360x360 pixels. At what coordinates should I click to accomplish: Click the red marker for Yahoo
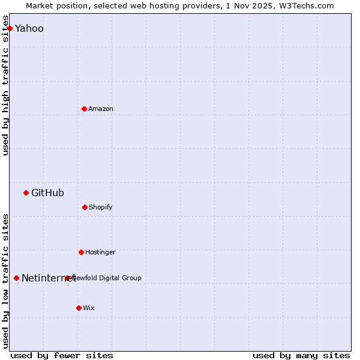tap(10, 28)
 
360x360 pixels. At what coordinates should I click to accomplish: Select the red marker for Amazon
tap(84, 109)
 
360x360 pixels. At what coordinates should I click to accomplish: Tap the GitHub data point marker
tap(26, 193)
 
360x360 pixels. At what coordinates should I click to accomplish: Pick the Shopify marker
tap(85, 207)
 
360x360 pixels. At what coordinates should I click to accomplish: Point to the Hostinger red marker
tap(81, 252)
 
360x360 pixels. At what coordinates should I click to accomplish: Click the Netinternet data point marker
tap(16, 278)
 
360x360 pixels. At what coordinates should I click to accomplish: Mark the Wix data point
tap(79, 308)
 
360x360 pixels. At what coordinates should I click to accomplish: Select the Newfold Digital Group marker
tap(67, 278)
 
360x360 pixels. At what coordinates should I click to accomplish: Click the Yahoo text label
tap(29, 28)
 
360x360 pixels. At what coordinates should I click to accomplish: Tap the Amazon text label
tap(101, 109)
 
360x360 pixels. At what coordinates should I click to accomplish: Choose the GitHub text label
tap(47, 193)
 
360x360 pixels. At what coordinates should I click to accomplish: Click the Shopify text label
tap(101, 207)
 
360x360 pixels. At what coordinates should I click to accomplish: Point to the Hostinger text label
tap(100, 252)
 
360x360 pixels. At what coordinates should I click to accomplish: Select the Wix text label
tap(89, 308)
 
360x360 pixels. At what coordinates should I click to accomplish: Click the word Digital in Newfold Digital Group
tap(109, 278)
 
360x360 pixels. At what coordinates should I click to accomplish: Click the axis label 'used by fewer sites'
tap(62, 355)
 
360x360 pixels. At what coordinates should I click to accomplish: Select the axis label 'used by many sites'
tap(301, 355)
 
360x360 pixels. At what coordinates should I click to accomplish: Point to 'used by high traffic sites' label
tap(5, 90)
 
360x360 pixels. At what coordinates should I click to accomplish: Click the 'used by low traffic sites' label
tap(5, 281)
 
